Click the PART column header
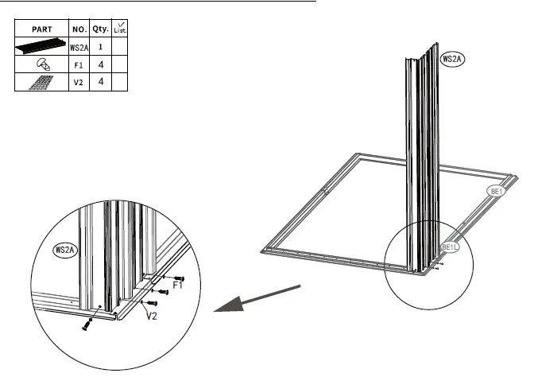41,29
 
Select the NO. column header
79,29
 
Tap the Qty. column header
101,29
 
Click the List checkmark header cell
121,29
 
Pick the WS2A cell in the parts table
79,48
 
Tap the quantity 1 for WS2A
101,48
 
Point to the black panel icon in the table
41,48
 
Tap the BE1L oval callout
450,247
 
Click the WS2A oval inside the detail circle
65,251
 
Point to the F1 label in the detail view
177,286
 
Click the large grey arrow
254,302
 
